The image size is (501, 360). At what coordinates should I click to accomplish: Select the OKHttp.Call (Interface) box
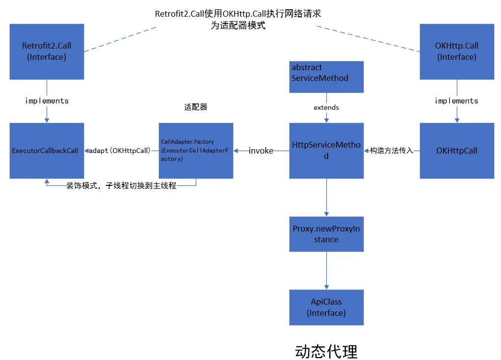tap(456, 51)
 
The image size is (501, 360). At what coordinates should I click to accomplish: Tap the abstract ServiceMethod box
tap(326, 77)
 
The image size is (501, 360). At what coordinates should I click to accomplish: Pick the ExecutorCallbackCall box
tap(47, 150)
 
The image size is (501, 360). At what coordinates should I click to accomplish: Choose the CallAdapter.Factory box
tap(196, 150)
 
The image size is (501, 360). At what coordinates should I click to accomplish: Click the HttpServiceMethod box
tap(326, 150)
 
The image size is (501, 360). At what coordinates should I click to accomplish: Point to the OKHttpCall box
tap(456, 150)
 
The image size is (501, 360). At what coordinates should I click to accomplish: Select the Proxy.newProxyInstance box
tap(326, 234)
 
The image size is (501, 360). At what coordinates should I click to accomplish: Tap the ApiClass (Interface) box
tap(326, 307)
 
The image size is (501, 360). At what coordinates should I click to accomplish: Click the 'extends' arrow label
tap(326, 107)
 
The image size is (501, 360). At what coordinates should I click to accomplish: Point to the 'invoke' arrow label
tap(261, 151)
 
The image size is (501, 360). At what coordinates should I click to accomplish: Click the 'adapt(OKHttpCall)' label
tap(120, 151)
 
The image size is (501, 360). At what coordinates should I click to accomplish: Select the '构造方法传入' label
tap(392, 151)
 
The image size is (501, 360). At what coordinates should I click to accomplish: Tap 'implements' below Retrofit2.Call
tap(47, 101)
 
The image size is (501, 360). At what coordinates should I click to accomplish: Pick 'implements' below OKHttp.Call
tap(456, 101)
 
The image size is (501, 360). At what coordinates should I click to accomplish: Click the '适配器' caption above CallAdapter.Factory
tap(196, 108)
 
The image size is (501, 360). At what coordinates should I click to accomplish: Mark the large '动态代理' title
tap(326, 351)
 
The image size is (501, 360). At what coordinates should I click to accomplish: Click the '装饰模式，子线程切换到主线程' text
tap(121, 186)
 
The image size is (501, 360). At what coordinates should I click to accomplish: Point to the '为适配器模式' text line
tap(238, 26)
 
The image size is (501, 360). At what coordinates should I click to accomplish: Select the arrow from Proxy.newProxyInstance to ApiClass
tap(326, 270)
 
